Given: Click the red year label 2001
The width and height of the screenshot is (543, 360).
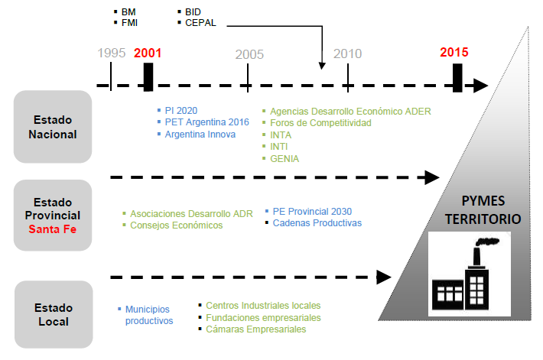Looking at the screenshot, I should [x=148, y=54].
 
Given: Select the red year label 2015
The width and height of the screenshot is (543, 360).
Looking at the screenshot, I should [x=454, y=53].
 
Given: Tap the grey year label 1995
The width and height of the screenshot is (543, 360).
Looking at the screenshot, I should [x=112, y=54].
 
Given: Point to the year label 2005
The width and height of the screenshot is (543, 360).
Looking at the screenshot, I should [x=249, y=54].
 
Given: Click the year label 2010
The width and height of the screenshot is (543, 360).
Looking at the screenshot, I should [x=347, y=54].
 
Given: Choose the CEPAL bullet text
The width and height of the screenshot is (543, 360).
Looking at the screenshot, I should [x=200, y=23].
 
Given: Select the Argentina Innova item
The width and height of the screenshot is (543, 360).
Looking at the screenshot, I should [x=200, y=134].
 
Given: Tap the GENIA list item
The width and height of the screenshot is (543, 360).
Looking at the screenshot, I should [x=285, y=158].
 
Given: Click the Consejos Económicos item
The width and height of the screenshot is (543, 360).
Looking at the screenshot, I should [x=177, y=225].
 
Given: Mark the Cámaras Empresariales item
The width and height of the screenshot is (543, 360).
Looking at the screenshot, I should [x=255, y=329].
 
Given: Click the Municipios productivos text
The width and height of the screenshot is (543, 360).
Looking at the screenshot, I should [x=149, y=315].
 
